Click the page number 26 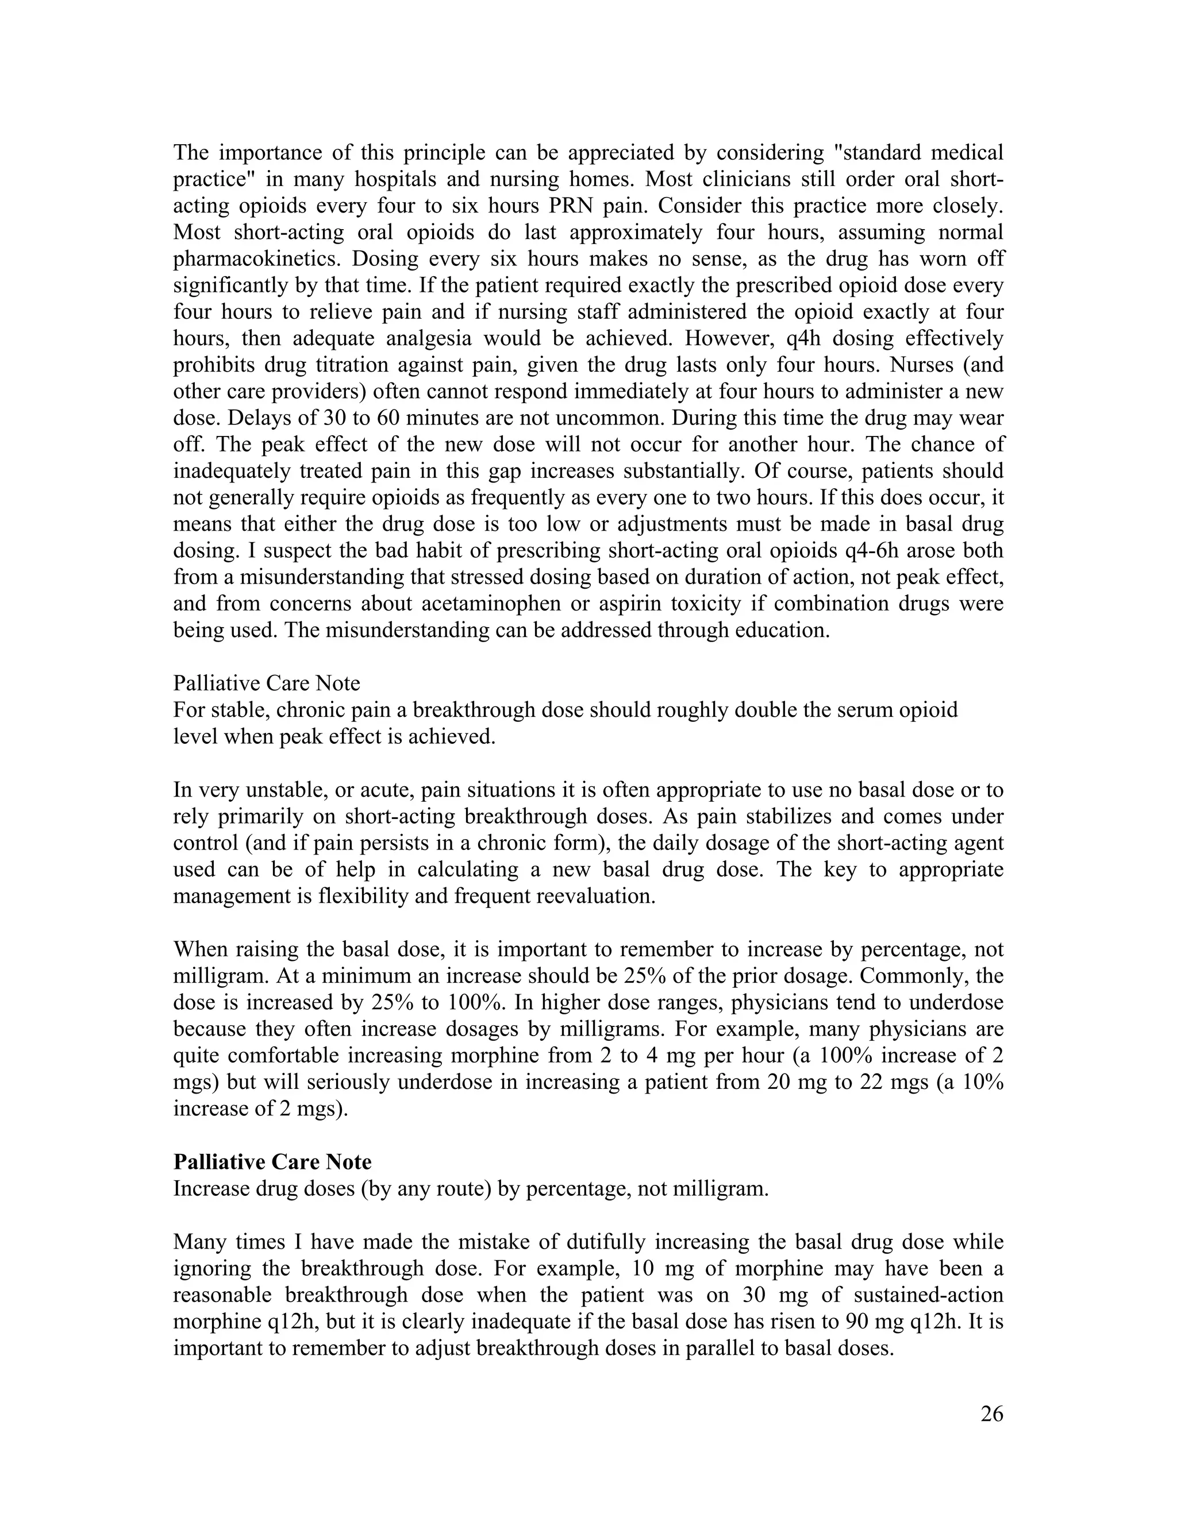991,1414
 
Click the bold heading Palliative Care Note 272,1162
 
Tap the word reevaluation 595,895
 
